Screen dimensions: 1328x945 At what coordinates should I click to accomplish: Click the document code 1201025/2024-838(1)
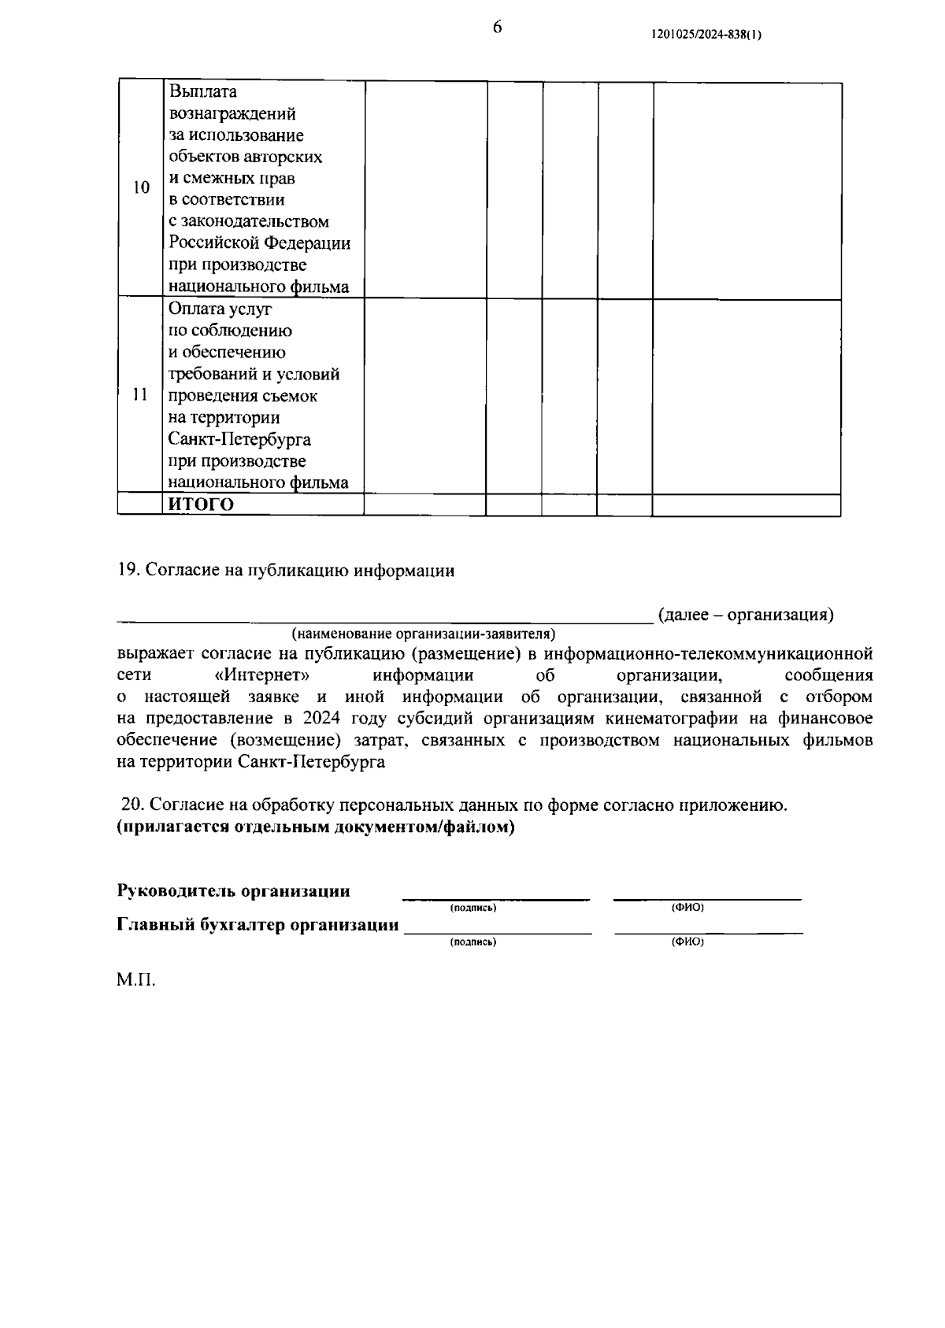click(x=706, y=35)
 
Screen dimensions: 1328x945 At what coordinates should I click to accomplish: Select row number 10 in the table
click(x=141, y=188)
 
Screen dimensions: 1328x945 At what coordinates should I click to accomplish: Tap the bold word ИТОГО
click(x=202, y=505)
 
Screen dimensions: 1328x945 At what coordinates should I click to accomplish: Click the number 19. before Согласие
click(x=128, y=571)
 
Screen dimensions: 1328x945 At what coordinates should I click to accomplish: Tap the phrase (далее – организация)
click(x=745, y=614)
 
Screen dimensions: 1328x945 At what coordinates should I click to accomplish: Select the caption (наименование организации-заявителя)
click(x=423, y=634)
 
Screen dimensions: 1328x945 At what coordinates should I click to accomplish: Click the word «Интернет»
click(x=261, y=675)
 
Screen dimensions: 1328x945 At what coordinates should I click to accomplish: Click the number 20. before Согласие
click(x=132, y=805)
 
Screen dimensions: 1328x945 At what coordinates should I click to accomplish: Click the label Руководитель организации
click(x=234, y=891)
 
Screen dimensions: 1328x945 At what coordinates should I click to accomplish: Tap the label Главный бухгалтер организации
click(x=258, y=925)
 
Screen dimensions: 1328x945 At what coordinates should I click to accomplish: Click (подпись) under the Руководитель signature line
click(x=472, y=908)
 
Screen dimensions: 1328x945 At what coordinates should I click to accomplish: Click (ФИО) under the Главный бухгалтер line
click(x=687, y=941)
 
